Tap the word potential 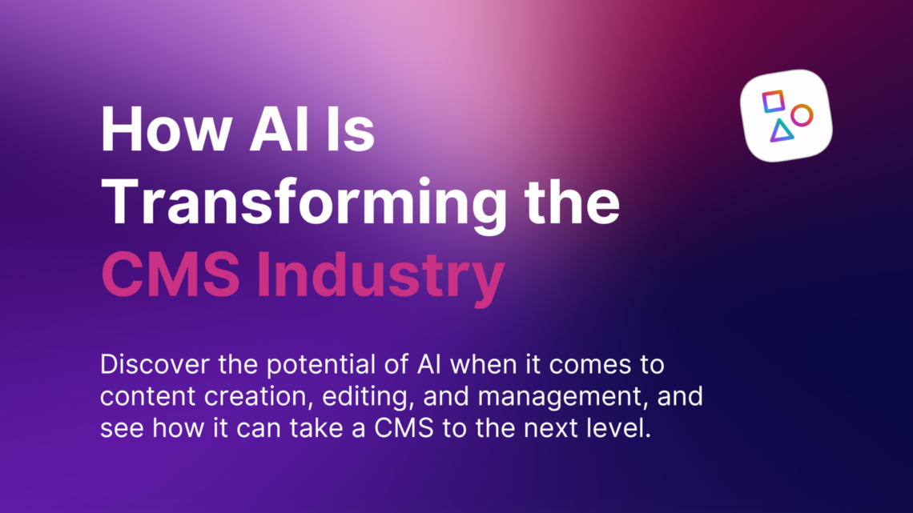305,366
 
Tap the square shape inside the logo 774,102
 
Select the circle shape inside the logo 802,115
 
